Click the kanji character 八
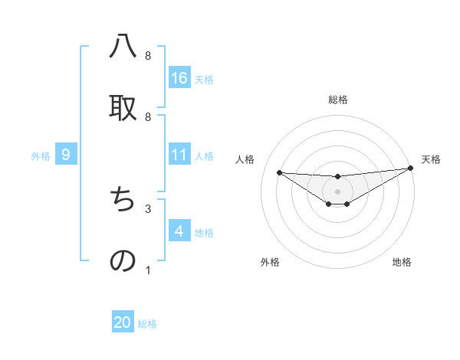coord(123,47)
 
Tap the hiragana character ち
coord(123,201)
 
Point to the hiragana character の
coord(123,260)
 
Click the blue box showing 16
coord(179,77)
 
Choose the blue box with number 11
coord(179,155)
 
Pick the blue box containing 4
coord(179,231)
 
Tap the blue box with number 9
coord(66,155)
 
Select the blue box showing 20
coord(123,322)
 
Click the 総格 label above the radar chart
coord(338,100)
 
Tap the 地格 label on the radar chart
coord(402,262)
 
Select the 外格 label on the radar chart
coord(270,262)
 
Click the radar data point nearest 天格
coord(410,169)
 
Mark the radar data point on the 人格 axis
coord(279,172)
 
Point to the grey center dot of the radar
coord(338,191)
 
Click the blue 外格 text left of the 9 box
coord(41,155)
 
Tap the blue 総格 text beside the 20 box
coord(147,324)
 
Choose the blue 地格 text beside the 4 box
coord(204,232)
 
